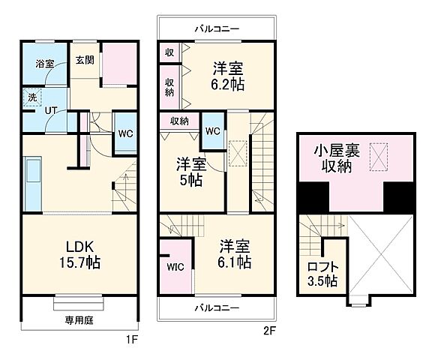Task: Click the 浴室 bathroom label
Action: [x=44, y=64]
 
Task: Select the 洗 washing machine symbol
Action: [x=32, y=97]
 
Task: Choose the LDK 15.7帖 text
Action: [x=77, y=254]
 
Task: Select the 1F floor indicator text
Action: [x=133, y=338]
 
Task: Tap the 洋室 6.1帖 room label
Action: [x=235, y=254]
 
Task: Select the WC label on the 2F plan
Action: [x=212, y=131]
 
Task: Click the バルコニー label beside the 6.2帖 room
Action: [x=217, y=28]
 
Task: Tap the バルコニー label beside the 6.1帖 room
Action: [x=217, y=308]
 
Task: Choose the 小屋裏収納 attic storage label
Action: [x=337, y=157]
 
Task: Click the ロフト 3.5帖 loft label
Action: [x=322, y=274]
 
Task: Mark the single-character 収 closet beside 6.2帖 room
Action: [x=169, y=52]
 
